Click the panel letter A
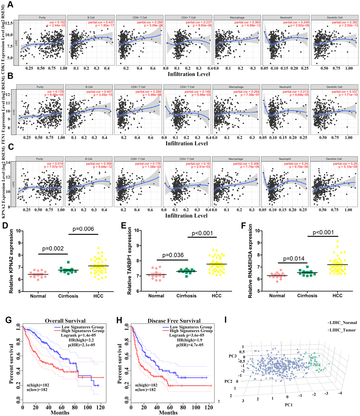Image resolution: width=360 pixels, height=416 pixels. pos(10,5)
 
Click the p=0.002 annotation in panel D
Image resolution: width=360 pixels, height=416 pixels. pos(53,248)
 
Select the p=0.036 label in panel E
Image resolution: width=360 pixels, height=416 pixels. pos(173,255)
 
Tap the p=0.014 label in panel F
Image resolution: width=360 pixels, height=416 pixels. pos(294,259)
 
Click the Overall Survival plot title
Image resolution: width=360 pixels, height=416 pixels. pos(65,321)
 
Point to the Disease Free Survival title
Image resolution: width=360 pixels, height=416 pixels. pos(174,321)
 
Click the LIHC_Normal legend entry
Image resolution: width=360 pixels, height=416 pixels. pos(343,323)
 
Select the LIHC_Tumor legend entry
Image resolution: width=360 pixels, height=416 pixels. pos(342,330)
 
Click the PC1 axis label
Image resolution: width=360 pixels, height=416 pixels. pos(289,405)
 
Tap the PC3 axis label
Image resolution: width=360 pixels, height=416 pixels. pos(233,356)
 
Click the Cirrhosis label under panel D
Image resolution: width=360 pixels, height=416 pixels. pos(68,296)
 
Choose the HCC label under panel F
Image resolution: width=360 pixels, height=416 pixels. pos(337,296)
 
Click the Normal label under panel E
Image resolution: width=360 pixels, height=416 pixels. pos(156,296)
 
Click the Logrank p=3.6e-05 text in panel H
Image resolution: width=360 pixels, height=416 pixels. pos(187,335)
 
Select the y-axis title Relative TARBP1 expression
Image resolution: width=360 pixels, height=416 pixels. pos(130,261)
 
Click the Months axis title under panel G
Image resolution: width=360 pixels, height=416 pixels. pos(60,413)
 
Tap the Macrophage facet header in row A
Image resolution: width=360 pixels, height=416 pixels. pos(237,18)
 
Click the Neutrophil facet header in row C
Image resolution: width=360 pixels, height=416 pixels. pos(285,159)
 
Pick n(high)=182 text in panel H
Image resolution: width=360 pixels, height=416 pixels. pos(146,385)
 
